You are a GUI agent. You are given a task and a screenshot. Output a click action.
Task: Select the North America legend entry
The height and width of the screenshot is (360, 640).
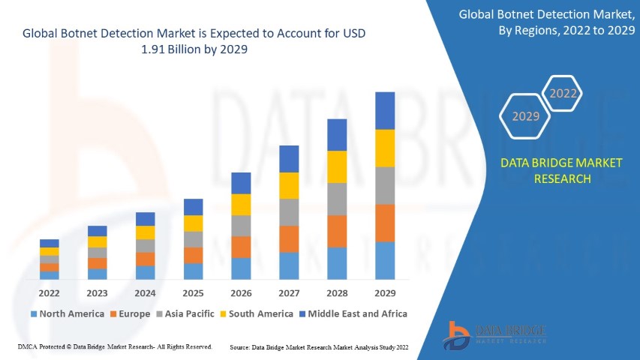pos(67,313)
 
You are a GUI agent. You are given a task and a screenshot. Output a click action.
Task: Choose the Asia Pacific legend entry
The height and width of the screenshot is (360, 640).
pos(185,313)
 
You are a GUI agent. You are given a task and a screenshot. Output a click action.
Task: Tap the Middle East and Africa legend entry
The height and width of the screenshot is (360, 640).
pos(353,313)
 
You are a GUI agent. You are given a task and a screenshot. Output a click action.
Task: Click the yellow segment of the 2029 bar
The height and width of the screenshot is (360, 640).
pos(385,148)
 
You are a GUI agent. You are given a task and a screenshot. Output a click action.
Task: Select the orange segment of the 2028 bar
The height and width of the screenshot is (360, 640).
pos(337,231)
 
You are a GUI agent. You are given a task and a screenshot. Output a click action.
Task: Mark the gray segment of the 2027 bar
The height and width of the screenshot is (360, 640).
pos(289,212)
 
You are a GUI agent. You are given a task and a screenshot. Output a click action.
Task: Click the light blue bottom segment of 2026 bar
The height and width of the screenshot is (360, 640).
pos(241,268)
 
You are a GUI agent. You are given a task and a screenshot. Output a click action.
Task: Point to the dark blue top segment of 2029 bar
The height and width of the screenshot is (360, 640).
pos(385,110)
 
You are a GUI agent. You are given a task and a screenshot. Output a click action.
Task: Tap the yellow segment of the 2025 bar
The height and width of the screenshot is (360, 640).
pos(193,223)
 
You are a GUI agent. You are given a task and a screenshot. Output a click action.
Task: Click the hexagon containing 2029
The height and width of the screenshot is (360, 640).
pos(525,117)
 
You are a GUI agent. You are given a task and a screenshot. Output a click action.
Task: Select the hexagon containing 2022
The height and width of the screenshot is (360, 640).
pos(563,94)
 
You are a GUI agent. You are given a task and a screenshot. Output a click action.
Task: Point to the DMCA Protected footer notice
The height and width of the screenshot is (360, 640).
pos(114,347)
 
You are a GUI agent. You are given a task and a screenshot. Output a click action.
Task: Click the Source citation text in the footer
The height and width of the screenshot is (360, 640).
pos(319,347)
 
